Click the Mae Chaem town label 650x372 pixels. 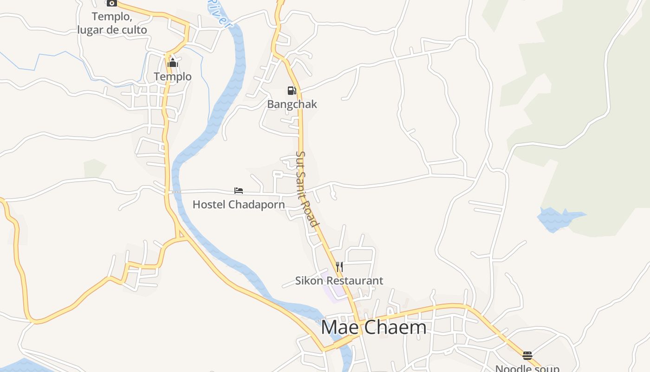(x=373, y=327)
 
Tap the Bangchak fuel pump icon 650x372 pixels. (x=292, y=90)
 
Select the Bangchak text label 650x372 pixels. (x=292, y=104)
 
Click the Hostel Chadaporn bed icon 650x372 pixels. (x=239, y=191)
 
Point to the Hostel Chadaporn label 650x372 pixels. (x=239, y=205)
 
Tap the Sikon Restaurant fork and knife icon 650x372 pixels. (x=339, y=266)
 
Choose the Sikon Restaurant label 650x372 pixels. (x=339, y=281)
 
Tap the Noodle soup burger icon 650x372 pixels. (x=527, y=356)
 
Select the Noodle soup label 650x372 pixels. (x=527, y=368)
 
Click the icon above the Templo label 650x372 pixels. (x=173, y=63)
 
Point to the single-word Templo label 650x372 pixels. (x=173, y=76)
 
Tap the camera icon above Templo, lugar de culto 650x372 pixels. (x=111, y=3)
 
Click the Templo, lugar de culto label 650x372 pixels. (x=112, y=23)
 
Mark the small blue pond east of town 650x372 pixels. (x=557, y=219)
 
